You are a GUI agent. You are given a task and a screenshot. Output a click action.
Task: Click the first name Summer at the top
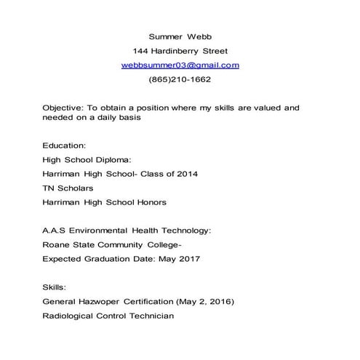(164, 36)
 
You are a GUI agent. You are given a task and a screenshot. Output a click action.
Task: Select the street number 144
(141, 51)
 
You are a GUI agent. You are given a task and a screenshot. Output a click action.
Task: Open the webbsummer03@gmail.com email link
(180, 65)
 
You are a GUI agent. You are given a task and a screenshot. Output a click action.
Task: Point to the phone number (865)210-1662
(180, 79)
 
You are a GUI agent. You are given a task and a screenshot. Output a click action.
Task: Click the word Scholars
(77, 188)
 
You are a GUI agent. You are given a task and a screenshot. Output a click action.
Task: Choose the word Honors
(149, 202)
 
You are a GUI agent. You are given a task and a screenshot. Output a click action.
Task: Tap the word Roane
(56, 244)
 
